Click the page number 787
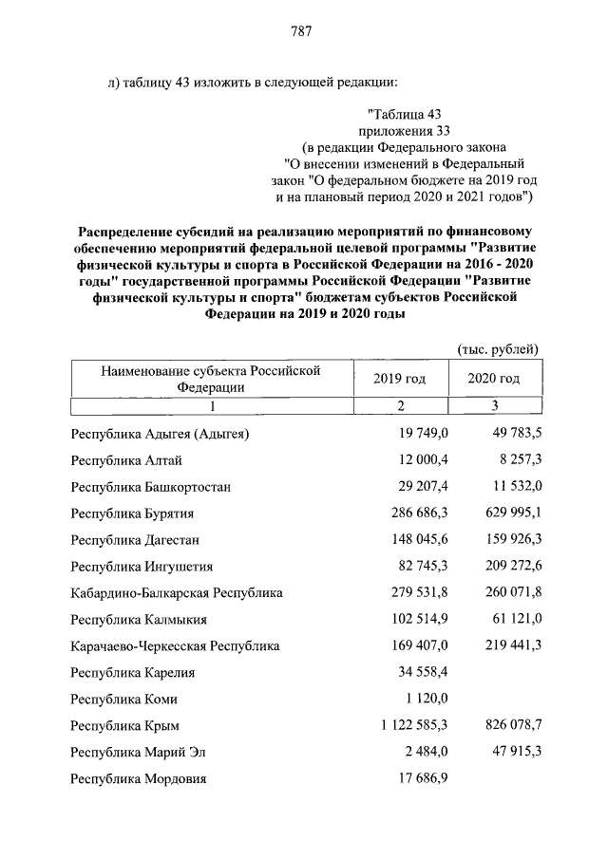coord(302,31)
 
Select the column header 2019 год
coord(399,379)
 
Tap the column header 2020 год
coord(494,379)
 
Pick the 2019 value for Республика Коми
coord(427,700)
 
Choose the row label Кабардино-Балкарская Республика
coord(177,593)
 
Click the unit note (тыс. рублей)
coord(499,348)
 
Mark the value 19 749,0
coord(423,434)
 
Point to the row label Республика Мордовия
coord(139,779)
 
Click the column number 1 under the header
coord(213,406)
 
